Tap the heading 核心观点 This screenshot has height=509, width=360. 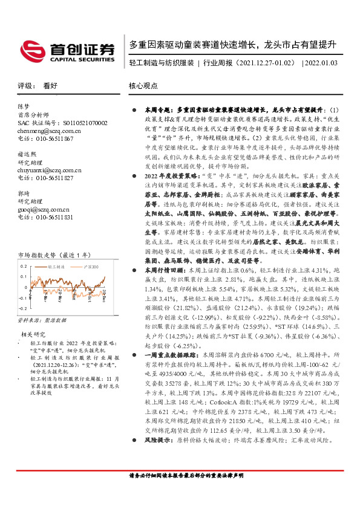144,86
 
